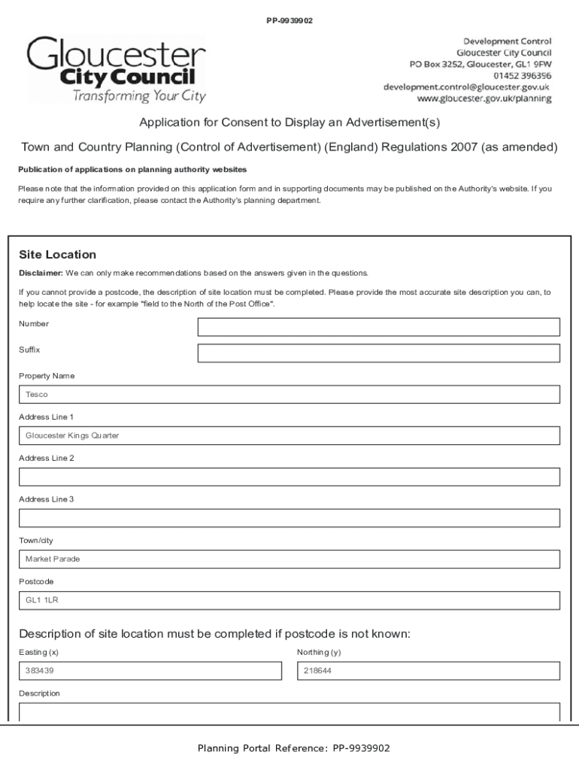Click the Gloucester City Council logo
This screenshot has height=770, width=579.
[x=117, y=69]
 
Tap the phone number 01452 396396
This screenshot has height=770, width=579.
[x=522, y=76]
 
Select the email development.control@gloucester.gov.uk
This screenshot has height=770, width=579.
[x=466, y=87]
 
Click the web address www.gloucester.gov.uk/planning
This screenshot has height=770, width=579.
[x=484, y=99]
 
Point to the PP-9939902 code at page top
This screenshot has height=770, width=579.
[x=289, y=20]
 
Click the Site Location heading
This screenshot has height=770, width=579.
[x=57, y=255]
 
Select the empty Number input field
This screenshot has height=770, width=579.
[x=378, y=327]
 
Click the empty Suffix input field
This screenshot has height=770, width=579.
[x=378, y=353]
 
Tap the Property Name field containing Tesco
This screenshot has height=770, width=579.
[x=289, y=394]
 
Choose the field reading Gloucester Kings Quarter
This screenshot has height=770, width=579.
[x=289, y=435]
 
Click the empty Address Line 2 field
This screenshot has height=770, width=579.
[x=289, y=477]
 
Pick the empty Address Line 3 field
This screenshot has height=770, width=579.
[x=289, y=518]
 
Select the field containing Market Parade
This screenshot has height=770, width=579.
[x=289, y=559]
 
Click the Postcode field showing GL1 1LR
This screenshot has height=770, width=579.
[x=289, y=601]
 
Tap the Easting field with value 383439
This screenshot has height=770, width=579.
[x=150, y=671]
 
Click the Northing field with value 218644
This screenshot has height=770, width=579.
[x=429, y=671]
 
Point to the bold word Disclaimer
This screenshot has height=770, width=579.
[x=41, y=273]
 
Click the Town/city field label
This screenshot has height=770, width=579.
[x=36, y=541]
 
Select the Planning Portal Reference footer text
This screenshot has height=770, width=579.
[x=294, y=748]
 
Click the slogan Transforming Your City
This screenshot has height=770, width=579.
[x=139, y=96]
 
